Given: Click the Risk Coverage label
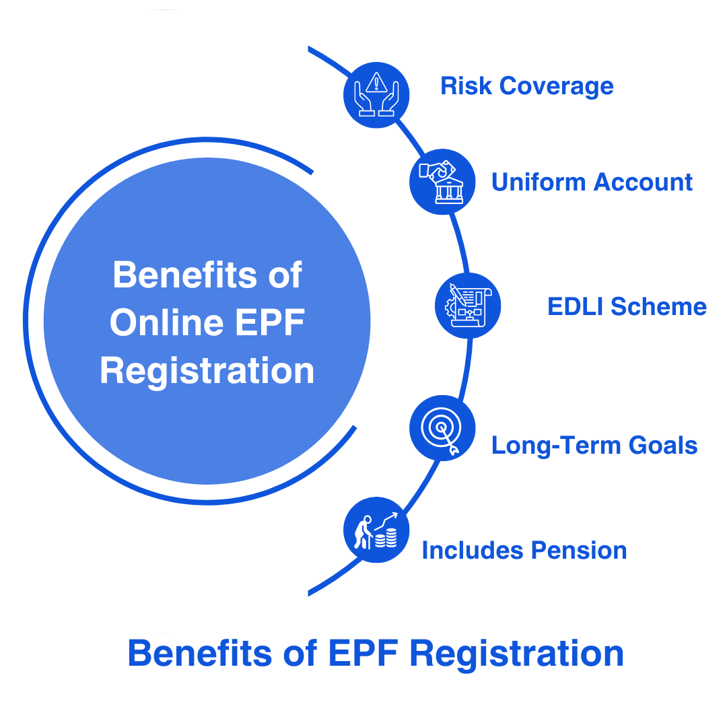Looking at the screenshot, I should (x=526, y=86).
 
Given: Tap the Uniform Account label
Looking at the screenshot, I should (x=592, y=182).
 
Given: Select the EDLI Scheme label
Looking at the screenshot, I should (x=627, y=307).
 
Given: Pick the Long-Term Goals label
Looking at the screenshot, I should (x=594, y=445).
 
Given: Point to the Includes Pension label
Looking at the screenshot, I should (x=524, y=551).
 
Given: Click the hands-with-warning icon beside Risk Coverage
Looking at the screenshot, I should (x=376, y=94).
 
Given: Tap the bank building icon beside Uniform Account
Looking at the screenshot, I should (x=442, y=182).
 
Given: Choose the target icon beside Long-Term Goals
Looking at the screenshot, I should (x=442, y=428).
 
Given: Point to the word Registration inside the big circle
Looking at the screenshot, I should (x=207, y=372).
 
